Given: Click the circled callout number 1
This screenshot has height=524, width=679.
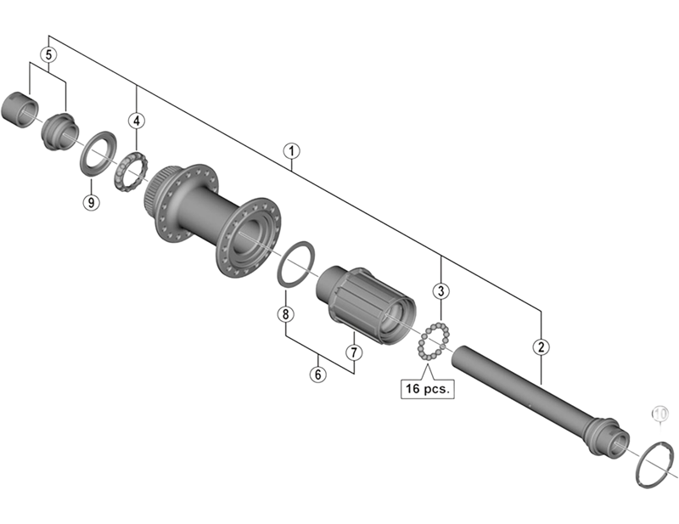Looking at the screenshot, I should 291,152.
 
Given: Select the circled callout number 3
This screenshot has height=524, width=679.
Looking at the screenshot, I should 441,291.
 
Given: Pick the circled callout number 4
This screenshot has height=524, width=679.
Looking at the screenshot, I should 137,120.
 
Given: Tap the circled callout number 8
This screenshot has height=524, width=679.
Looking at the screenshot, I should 285,314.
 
